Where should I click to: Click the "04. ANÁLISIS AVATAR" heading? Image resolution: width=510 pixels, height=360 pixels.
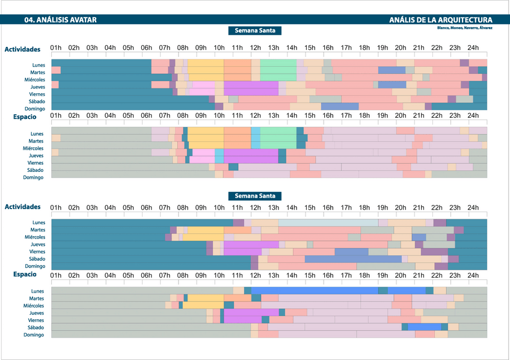[60, 20]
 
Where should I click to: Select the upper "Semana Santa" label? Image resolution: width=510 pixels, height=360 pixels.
[255, 31]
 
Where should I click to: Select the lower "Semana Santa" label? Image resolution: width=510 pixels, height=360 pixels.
[255, 196]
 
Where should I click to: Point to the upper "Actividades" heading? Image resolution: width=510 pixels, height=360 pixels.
[22, 49]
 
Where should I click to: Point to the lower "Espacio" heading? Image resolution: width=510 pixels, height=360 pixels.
[25, 275]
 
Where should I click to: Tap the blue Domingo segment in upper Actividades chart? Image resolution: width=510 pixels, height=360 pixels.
[340, 107]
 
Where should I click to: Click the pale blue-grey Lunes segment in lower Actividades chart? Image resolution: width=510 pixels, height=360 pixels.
[328, 223]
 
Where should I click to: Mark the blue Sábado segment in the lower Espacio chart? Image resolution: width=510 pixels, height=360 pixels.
[424, 328]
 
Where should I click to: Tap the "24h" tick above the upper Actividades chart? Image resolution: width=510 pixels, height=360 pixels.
[473, 48]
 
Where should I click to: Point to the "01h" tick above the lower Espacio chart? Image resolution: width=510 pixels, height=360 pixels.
[56, 276]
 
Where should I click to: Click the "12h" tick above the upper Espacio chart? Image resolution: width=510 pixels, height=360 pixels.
[255, 116]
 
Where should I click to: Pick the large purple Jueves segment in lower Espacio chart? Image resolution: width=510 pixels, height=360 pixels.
[251, 313]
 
